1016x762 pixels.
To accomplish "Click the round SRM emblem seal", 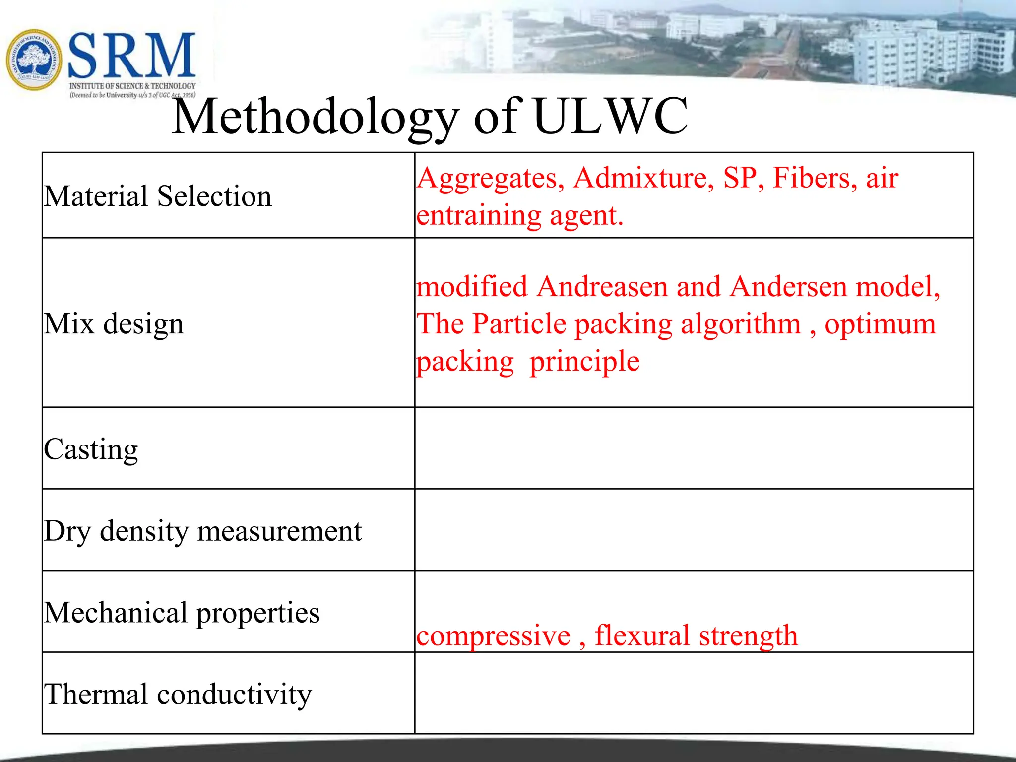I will pos(34,60).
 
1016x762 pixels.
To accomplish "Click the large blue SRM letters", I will pos(131,56).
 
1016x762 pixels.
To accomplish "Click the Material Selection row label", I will pos(158,196).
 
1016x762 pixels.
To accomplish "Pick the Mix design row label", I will pos(114,324).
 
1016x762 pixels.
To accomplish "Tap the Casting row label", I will pos(91,449).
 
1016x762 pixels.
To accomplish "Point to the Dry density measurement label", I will pos(202,531).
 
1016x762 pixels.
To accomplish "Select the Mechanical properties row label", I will pos(182,613).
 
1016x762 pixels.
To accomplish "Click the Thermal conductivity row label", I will pos(178,694).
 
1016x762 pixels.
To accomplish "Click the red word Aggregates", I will pos(490,179).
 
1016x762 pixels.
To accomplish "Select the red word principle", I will pos(584,362).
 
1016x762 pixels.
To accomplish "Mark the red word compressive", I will pos(493,636).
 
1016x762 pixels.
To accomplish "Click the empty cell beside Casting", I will pos(694,448).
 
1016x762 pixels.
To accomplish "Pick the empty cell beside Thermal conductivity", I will pos(694,694).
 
